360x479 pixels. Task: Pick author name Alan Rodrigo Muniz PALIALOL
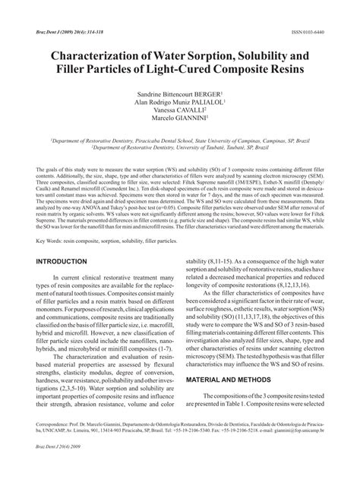[180, 109]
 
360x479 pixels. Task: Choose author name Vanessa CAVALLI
[180, 119]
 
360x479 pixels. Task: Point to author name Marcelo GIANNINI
[180, 129]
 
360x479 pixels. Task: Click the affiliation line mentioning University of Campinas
[180, 141]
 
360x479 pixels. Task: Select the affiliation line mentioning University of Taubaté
[180, 149]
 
